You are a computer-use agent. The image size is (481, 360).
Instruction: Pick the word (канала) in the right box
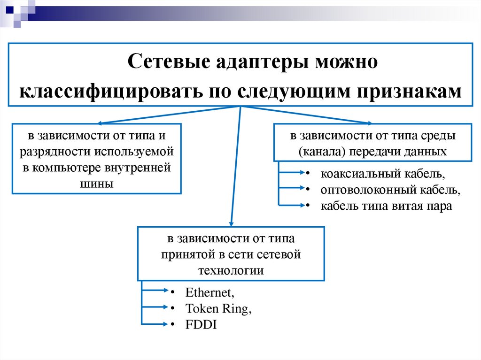pyautogui.click(x=317, y=152)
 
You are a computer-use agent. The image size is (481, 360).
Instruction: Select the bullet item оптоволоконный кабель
pyautogui.click(x=390, y=190)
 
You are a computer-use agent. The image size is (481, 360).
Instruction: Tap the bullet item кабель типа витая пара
pyautogui.click(x=386, y=206)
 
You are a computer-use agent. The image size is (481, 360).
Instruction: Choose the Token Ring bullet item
pyautogui.click(x=215, y=308)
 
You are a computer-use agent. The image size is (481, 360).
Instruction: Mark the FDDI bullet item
pyautogui.click(x=201, y=324)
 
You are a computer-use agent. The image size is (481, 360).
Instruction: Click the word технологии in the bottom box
pyautogui.click(x=231, y=271)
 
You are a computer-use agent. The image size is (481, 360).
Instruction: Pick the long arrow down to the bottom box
pyautogui.click(x=235, y=164)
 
